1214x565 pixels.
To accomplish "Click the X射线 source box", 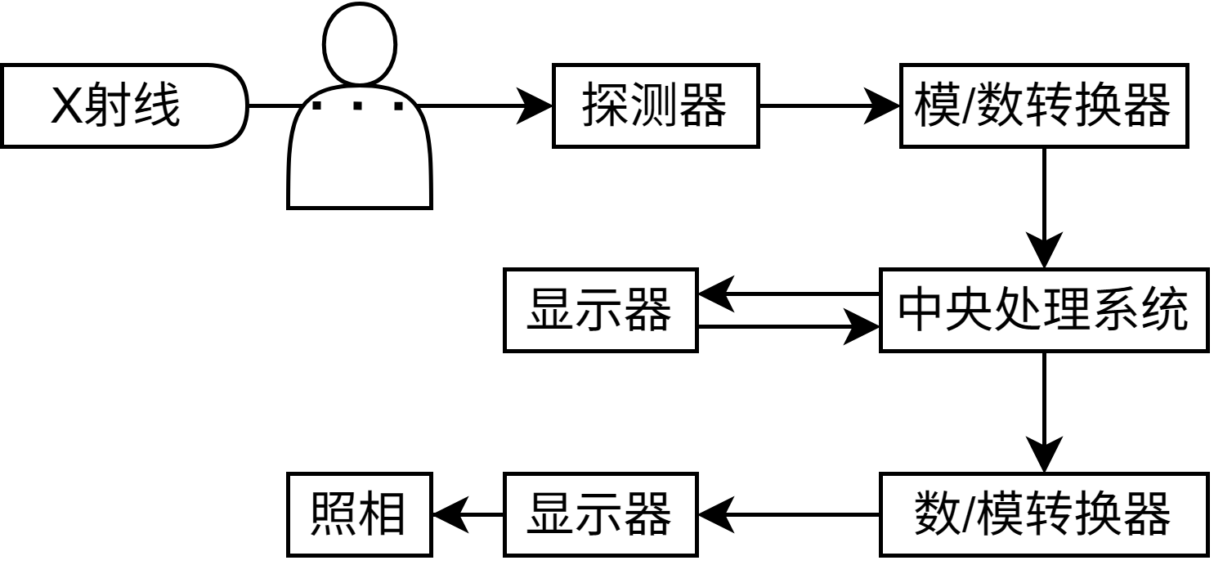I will [123, 106].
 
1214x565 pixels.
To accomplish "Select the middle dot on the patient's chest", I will [359, 105].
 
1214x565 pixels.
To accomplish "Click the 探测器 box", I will [655, 106].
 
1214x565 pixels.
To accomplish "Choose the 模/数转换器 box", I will [1044, 106].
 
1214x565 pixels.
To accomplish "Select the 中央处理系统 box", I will [1044, 311].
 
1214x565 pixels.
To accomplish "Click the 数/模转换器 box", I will [1044, 514].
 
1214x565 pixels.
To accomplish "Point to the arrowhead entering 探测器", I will [535, 106].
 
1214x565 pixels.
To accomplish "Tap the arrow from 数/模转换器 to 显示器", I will [789, 514].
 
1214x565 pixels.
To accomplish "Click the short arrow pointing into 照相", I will [466, 514].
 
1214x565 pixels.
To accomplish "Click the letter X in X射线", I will [65, 107].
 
